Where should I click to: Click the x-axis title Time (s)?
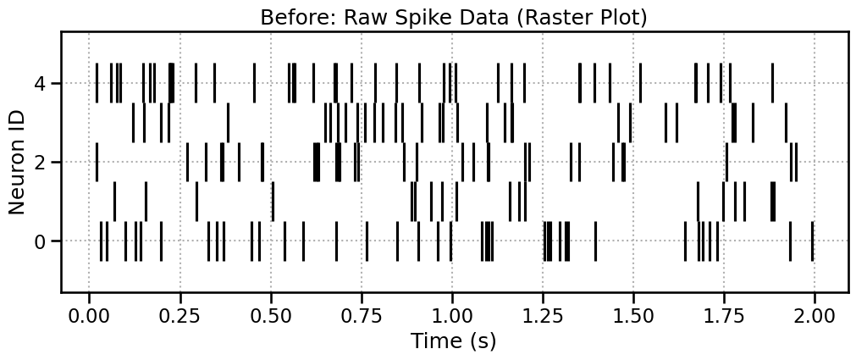pos(453,341)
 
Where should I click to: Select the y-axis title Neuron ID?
pos(18,162)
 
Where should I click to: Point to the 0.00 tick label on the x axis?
pos(89,313)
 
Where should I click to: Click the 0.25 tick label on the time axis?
pos(179,313)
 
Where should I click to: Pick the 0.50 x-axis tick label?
pos(271,313)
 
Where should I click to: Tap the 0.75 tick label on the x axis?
pos(362,313)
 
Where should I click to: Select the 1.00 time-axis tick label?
pos(452,313)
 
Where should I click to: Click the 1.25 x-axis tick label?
pos(543,313)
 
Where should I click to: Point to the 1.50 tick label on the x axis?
pos(633,313)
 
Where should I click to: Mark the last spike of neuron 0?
pos(812,241)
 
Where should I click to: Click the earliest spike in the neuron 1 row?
pos(115,202)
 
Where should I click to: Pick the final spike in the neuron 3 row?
pos(786,123)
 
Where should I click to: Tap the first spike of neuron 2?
pos(97,163)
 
